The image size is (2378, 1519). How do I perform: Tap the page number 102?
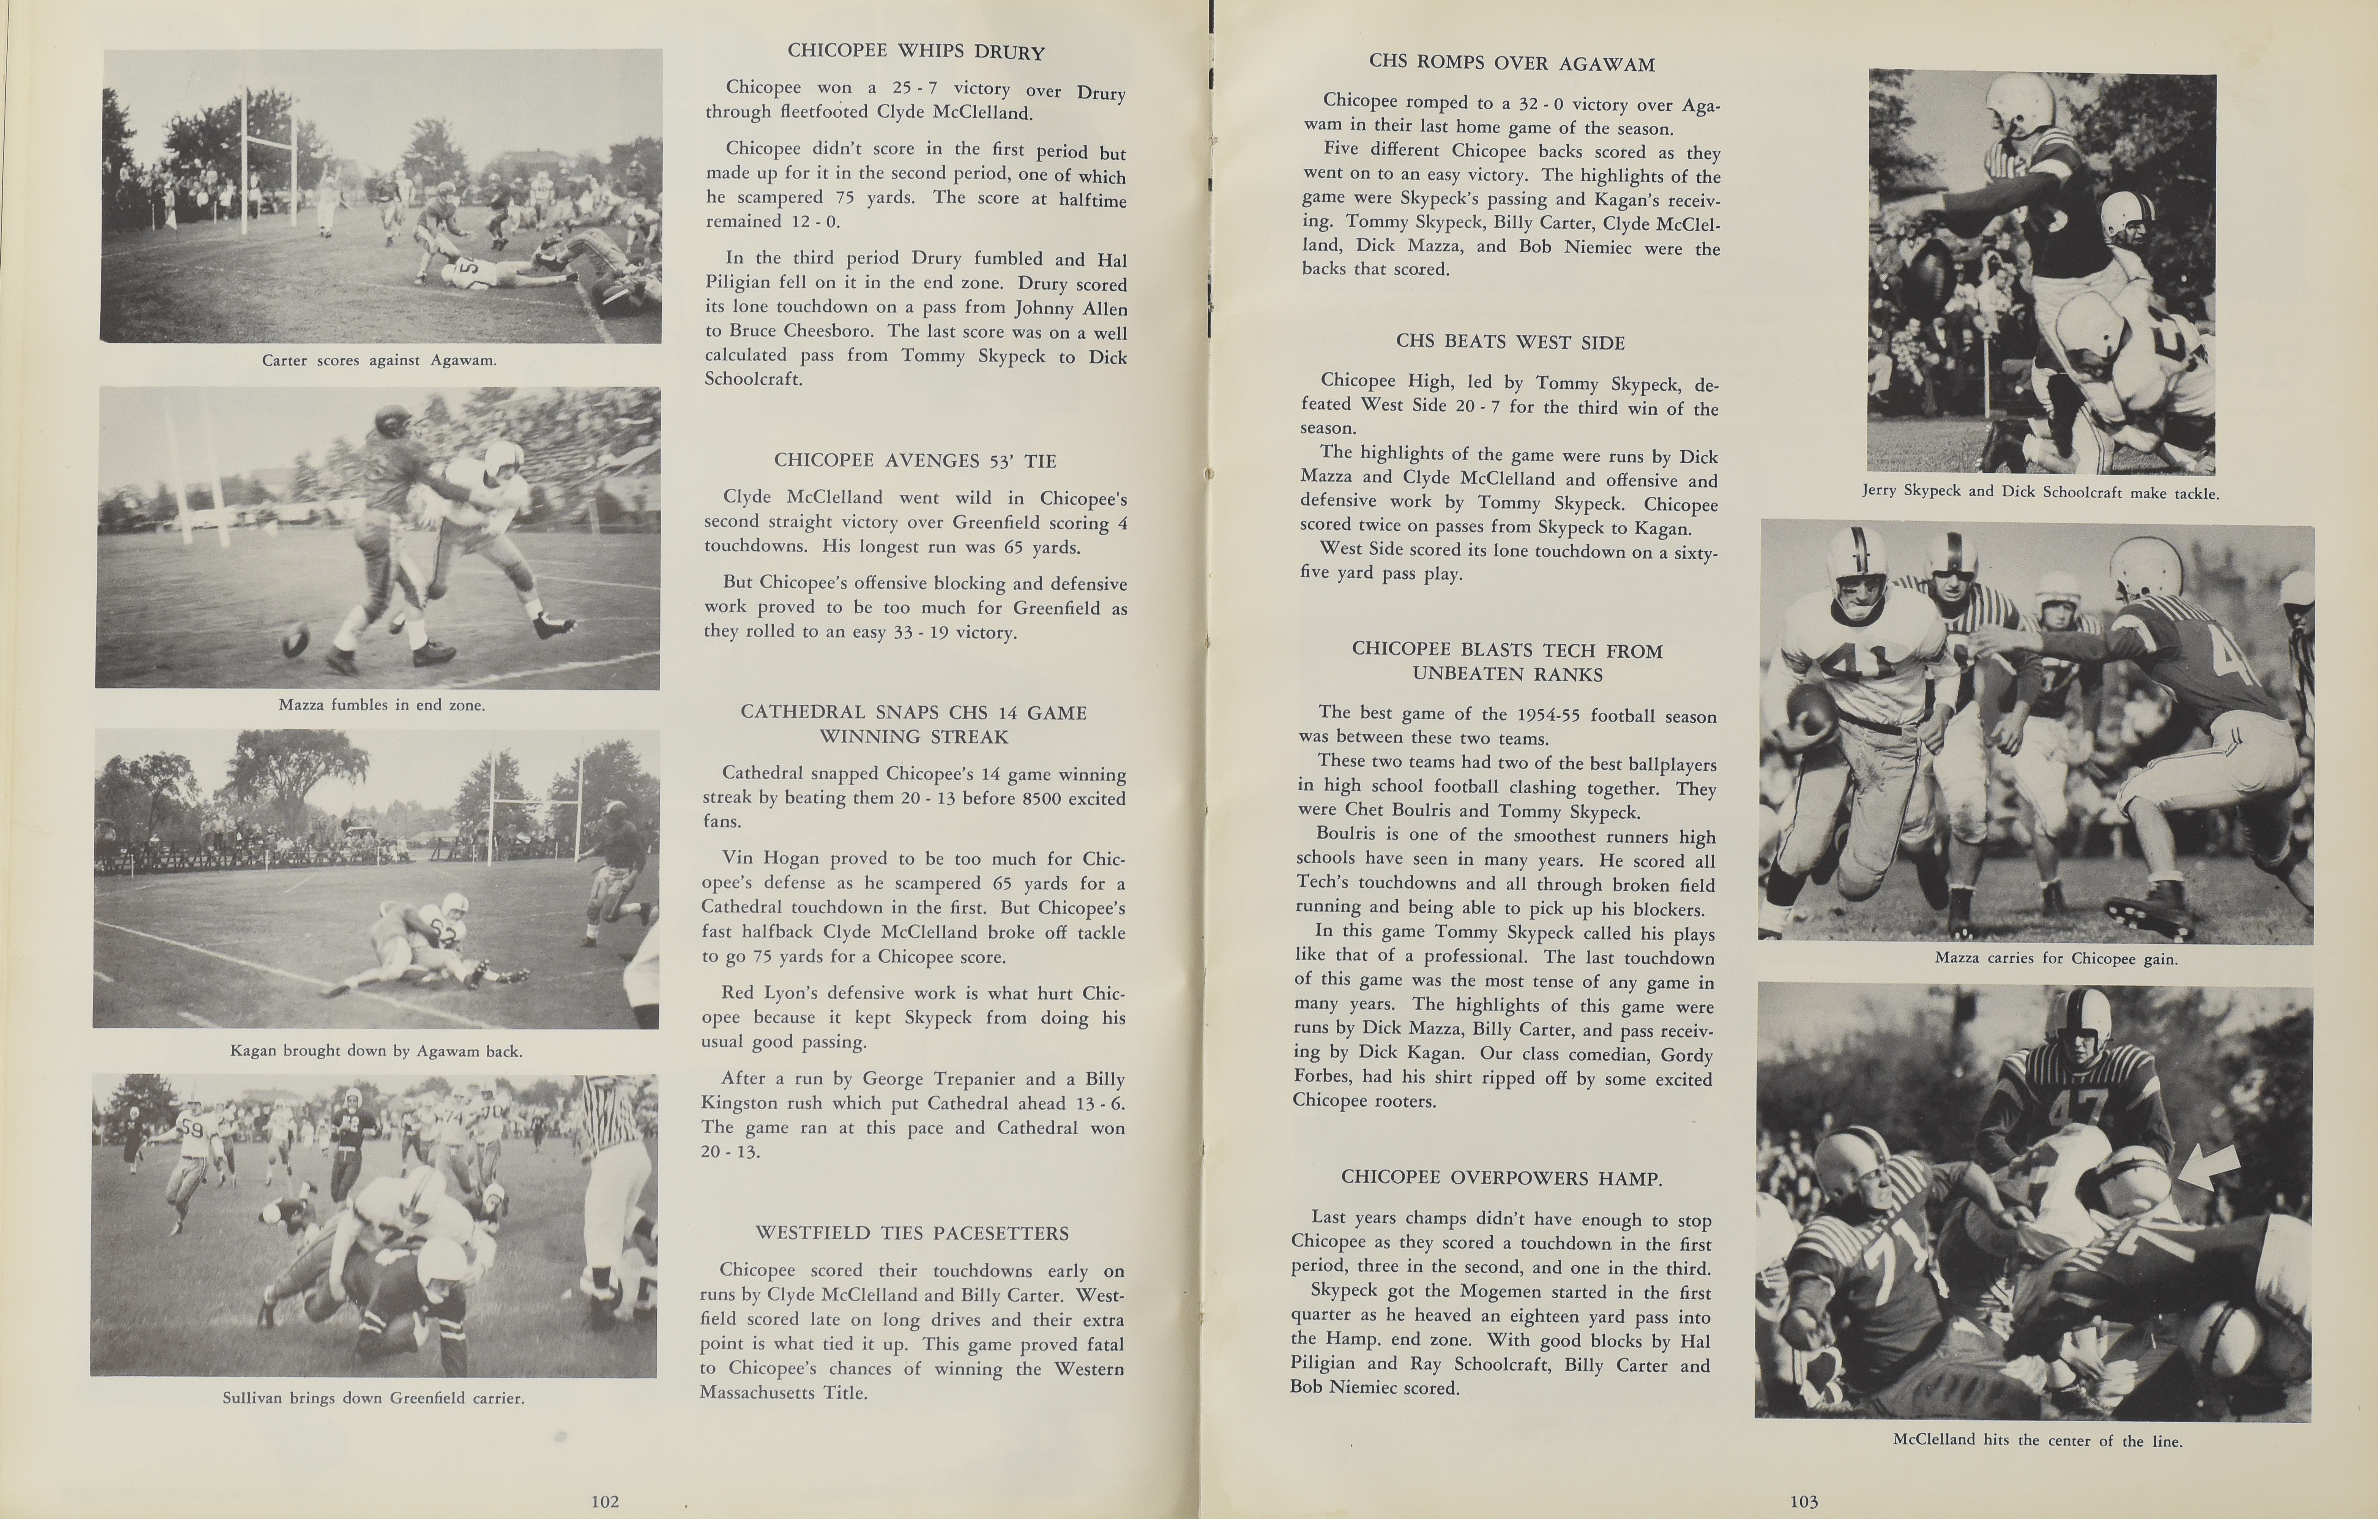click(x=604, y=1501)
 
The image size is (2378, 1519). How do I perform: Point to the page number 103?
click(x=1803, y=1501)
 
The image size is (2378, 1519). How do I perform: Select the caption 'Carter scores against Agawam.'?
click(x=379, y=360)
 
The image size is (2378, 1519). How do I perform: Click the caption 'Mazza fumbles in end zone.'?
click(x=381, y=705)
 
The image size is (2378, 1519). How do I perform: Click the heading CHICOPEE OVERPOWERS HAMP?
click(x=1501, y=1178)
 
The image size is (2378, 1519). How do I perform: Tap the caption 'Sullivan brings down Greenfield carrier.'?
click(x=373, y=1397)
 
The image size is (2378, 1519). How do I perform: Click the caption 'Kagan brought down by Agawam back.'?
click(x=376, y=1051)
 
